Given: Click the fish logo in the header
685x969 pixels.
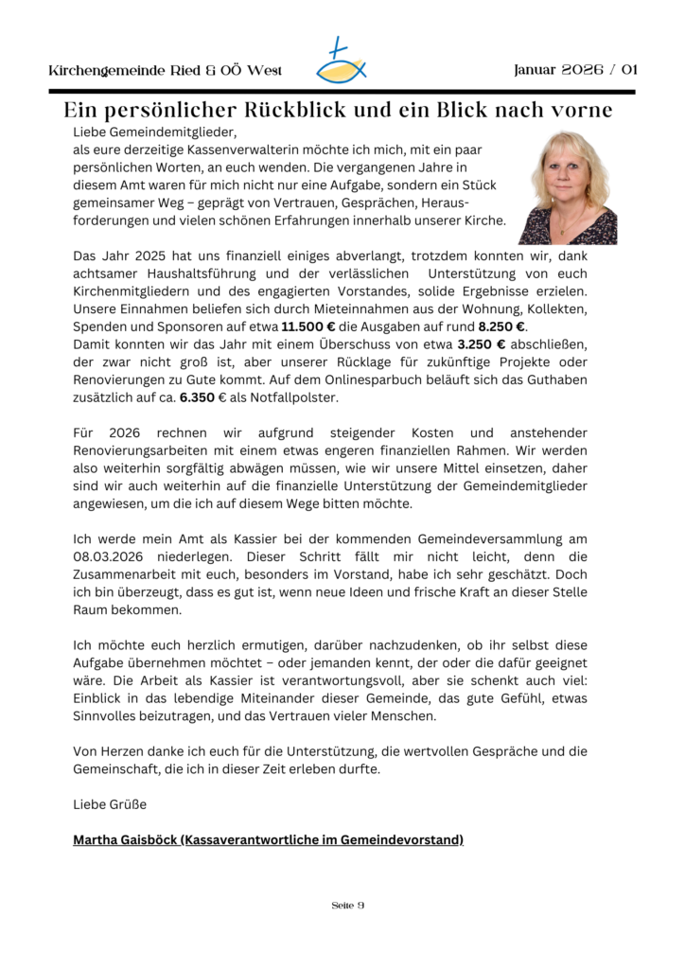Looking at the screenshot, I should (x=342, y=62).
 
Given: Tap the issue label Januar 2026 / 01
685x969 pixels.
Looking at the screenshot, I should (x=576, y=70).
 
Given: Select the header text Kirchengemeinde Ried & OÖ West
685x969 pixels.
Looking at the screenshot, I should (x=165, y=71).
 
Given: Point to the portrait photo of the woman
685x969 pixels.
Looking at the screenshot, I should (x=568, y=187).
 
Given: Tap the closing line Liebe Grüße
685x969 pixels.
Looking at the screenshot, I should (x=110, y=803).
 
